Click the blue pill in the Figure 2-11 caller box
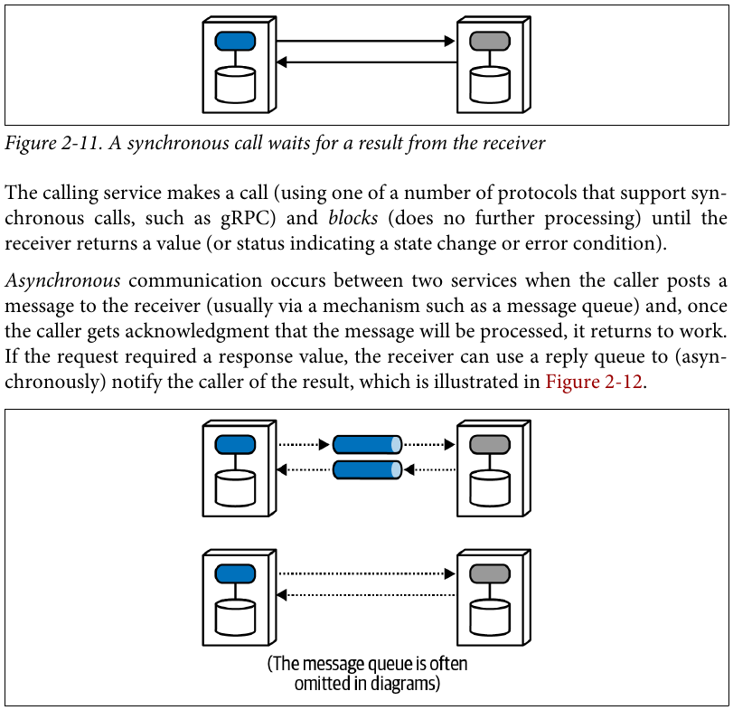(235, 42)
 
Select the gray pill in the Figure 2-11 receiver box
(490, 42)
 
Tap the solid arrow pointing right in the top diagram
(365, 42)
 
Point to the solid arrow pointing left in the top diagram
(367, 62)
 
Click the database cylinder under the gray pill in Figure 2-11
(490, 85)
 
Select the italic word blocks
(353, 218)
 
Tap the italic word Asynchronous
(62, 280)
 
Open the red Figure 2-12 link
(594, 381)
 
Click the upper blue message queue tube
(368, 444)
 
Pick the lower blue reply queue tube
(368, 469)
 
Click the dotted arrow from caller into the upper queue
(304, 444)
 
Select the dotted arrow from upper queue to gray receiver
(429, 444)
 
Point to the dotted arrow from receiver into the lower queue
(429, 469)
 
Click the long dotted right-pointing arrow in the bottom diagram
(367, 573)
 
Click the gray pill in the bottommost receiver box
(490, 574)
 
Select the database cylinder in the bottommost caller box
(235, 618)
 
